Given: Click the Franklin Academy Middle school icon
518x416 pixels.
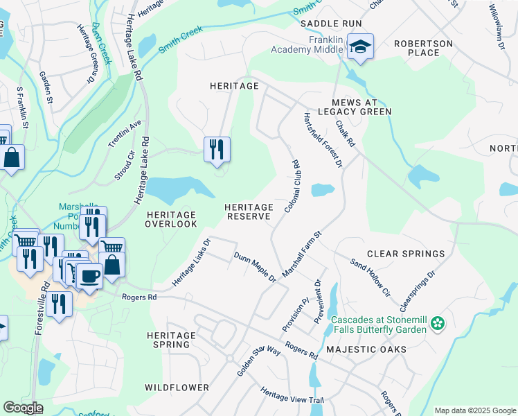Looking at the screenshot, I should click(x=359, y=47).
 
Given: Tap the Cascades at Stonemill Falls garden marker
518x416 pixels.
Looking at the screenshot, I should click(x=437, y=323).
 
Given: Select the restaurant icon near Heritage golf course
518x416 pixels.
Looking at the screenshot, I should click(x=217, y=149).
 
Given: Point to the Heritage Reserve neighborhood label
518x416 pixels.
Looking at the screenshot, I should click(x=249, y=211).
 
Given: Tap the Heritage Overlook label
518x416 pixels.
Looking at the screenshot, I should click(x=171, y=220).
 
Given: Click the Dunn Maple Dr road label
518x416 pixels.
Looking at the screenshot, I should click(x=255, y=268).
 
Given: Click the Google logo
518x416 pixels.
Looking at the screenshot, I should click(x=23, y=408).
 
